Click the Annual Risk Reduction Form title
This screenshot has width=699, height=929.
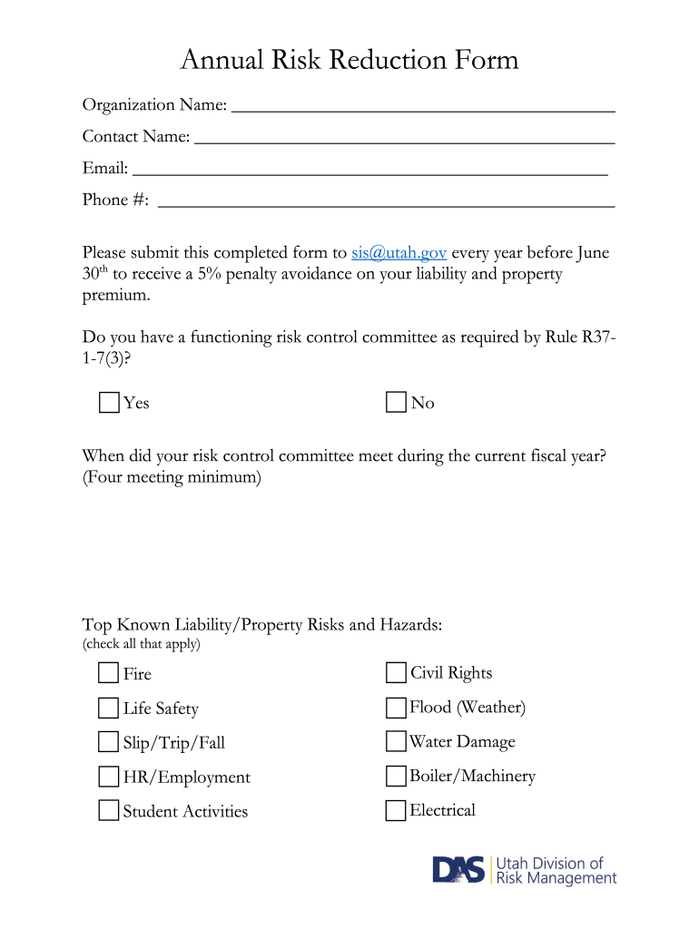pos(349,60)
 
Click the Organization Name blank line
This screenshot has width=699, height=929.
pos(423,107)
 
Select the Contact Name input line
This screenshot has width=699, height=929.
pos(405,139)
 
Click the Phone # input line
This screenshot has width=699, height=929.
pos(386,202)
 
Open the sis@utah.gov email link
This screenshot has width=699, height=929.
pos(399,253)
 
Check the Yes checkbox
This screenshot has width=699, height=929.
pos(109,403)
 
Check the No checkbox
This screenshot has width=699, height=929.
pos(396,403)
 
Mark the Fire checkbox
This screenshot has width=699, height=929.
pos(109,673)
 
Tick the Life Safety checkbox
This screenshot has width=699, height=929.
pos(109,708)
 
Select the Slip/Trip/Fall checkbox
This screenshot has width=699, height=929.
pos(109,742)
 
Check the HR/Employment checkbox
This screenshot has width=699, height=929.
pos(109,777)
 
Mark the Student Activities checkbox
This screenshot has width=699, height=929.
pos(109,810)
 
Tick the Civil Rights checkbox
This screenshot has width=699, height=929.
pos(396,672)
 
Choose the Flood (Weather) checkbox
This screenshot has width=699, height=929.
pos(396,707)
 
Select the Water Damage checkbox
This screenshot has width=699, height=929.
pos(396,741)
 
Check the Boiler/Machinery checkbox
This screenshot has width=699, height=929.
pos(396,776)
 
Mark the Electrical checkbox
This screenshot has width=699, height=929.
pos(396,810)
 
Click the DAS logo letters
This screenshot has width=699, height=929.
pos(459,870)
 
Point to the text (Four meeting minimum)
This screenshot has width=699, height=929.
pos(172,477)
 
